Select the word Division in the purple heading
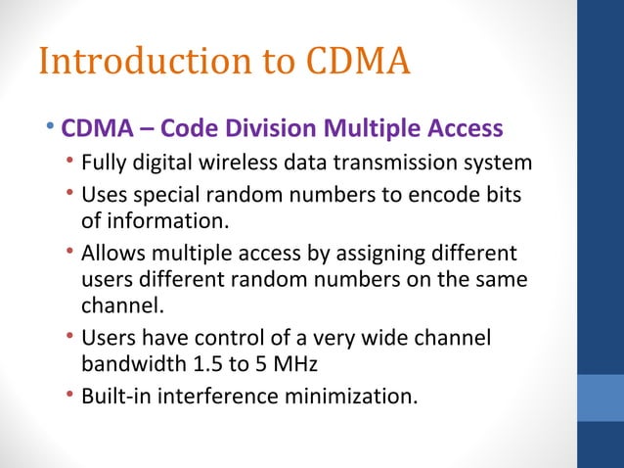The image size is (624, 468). [x=266, y=129]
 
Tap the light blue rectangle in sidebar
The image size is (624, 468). [x=601, y=397]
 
